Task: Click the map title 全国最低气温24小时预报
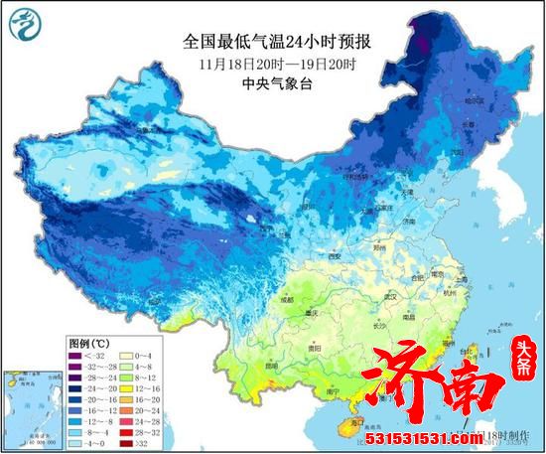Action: coord(271,42)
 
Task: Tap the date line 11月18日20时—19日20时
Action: coord(271,64)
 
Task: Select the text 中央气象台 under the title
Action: coord(271,84)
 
